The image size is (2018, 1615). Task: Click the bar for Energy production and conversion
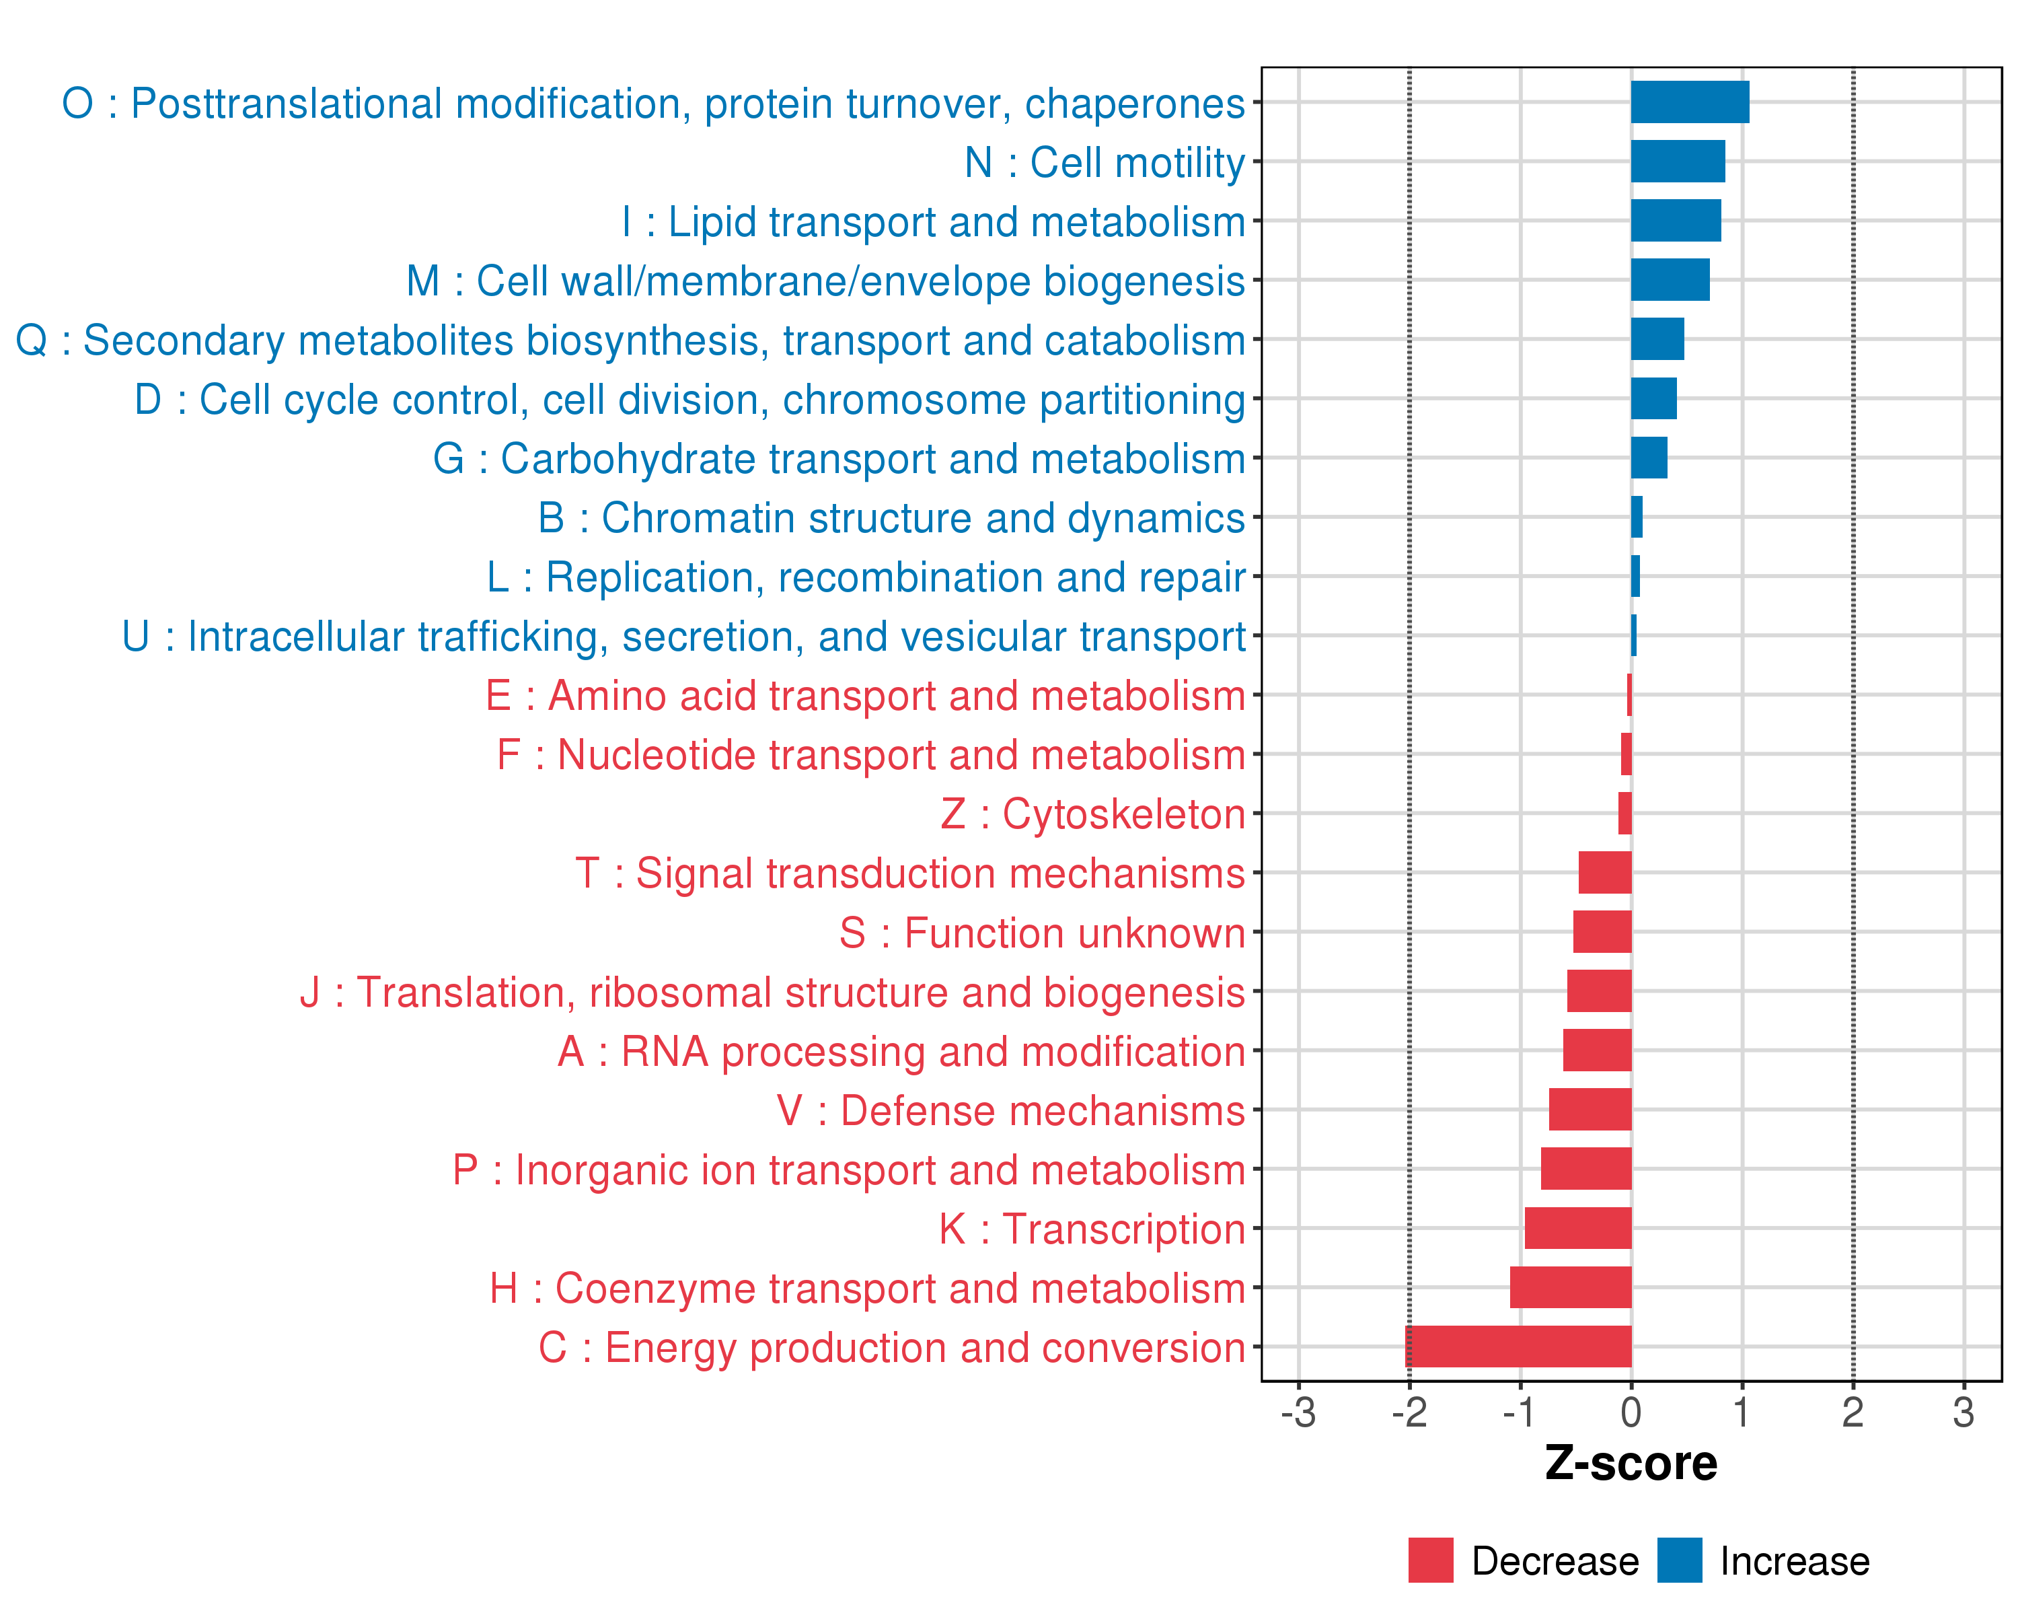point(1518,1347)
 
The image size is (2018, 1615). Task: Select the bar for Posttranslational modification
point(1690,102)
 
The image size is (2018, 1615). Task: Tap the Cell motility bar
point(1678,161)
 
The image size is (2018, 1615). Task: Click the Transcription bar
point(1577,1227)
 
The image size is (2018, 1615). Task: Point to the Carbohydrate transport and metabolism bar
point(1648,458)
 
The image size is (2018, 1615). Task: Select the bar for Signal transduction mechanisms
point(1604,873)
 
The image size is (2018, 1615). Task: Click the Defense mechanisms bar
point(1590,1110)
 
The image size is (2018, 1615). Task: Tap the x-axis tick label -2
point(1409,1412)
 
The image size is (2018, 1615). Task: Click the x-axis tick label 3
point(1963,1412)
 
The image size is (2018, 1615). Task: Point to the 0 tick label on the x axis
point(1631,1412)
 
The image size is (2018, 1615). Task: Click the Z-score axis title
point(1631,1464)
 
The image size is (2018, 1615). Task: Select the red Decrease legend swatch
point(1430,1560)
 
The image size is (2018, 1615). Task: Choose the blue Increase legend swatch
point(1679,1560)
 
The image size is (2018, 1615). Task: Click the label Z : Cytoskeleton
point(1092,814)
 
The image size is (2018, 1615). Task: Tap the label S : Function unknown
point(1042,933)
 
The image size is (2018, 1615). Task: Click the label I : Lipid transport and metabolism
point(933,223)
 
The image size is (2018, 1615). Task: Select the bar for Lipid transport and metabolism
point(1676,221)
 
